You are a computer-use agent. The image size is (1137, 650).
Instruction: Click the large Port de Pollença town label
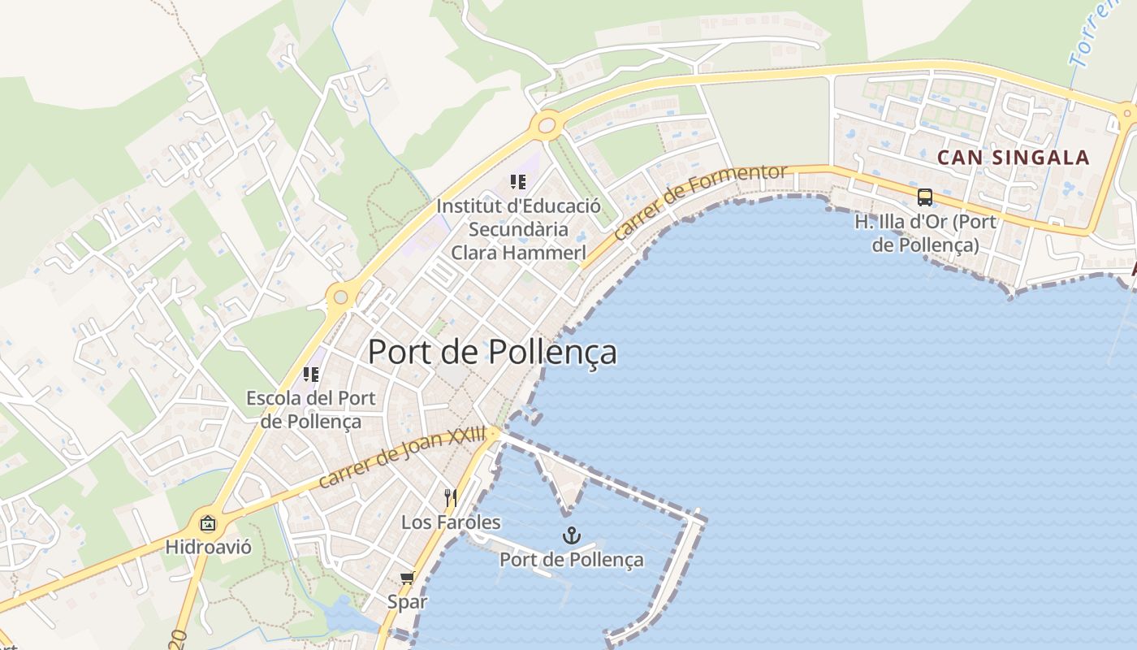click(492, 352)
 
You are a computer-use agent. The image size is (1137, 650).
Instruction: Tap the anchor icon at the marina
click(572, 535)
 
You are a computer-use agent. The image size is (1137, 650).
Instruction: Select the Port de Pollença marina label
click(572, 559)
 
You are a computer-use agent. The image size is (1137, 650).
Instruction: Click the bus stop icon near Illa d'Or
click(924, 197)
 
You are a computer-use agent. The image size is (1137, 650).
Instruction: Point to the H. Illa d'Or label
click(925, 232)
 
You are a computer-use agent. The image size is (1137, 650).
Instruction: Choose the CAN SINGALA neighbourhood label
click(1014, 158)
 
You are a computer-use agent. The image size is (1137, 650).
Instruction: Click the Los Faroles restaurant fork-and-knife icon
click(451, 497)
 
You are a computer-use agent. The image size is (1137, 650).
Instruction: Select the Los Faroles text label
click(451, 522)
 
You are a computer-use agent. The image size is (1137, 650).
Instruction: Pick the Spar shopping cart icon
click(407, 578)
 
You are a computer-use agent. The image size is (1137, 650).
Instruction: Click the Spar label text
click(407, 602)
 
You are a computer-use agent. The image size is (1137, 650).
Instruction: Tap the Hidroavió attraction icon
click(208, 523)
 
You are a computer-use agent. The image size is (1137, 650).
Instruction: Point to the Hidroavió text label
click(208, 547)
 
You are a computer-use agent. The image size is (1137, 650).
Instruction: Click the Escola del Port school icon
click(311, 375)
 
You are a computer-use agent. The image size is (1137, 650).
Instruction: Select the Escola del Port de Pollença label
click(311, 410)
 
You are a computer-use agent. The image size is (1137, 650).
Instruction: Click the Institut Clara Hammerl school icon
click(518, 182)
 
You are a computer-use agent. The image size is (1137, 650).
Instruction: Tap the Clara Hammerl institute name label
click(518, 229)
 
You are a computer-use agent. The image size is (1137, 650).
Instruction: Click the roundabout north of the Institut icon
click(547, 125)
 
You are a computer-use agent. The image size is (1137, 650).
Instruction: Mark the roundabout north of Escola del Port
click(340, 297)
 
